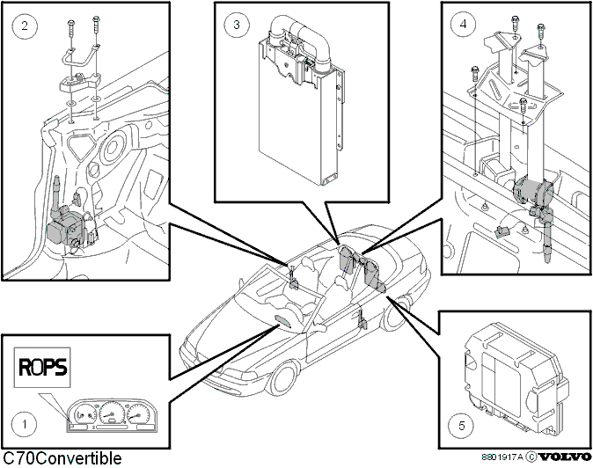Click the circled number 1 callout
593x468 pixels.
point(25,424)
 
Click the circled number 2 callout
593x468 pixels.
point(25,26)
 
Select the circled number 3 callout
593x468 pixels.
point(237,25)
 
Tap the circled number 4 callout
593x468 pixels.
point(464,24)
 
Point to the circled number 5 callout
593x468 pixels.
point(461,426)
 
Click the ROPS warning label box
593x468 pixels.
point(42,368)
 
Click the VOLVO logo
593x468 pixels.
point(565,457)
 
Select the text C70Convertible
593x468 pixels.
point(62,458)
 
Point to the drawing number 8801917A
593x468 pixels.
point(502,457)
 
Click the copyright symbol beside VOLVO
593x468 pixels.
point(531,457)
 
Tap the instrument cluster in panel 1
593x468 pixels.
point(113,415)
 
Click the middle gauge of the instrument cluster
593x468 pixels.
point(111,413)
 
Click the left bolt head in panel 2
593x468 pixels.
point(71,24)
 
